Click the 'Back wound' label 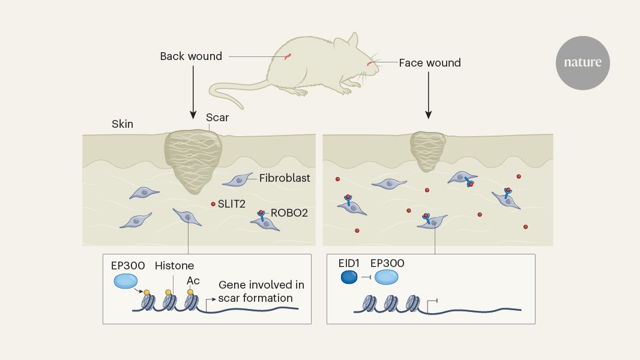(191, 56)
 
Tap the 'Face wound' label (430, 62)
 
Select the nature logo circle (582, 62)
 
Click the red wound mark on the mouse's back (288, 56)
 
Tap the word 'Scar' (217, 118)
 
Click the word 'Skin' (122, 124)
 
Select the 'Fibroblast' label (284, 178)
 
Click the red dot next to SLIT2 (213, 204)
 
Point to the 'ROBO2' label (289, 212)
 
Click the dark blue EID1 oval (349, 277)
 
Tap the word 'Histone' (174, 265)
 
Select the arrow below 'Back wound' (193, 90)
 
